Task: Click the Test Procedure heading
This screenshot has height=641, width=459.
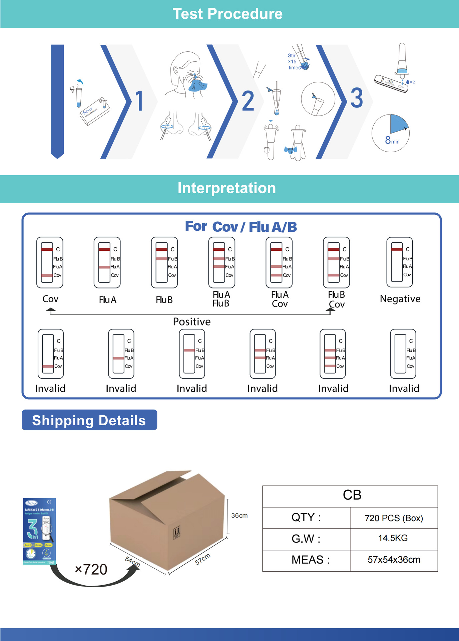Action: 227,14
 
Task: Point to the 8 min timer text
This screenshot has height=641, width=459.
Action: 392,140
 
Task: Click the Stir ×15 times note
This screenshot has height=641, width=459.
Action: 294,62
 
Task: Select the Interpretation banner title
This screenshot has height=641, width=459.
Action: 227,188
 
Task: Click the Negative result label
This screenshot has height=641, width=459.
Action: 400,299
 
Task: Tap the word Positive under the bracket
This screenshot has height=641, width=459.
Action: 192,322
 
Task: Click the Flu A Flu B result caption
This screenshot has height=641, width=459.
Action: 221,299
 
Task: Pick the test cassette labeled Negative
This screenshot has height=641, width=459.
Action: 400,262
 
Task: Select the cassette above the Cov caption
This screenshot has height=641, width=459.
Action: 50,263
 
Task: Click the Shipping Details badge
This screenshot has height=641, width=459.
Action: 89,420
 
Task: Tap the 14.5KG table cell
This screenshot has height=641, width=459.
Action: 393,538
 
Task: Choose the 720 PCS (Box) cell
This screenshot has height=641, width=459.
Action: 394,518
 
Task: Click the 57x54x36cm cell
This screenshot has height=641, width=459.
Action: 394,560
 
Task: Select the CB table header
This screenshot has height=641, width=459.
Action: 352,495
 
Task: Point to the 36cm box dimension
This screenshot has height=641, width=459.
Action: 240,515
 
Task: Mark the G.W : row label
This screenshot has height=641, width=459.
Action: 306,539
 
